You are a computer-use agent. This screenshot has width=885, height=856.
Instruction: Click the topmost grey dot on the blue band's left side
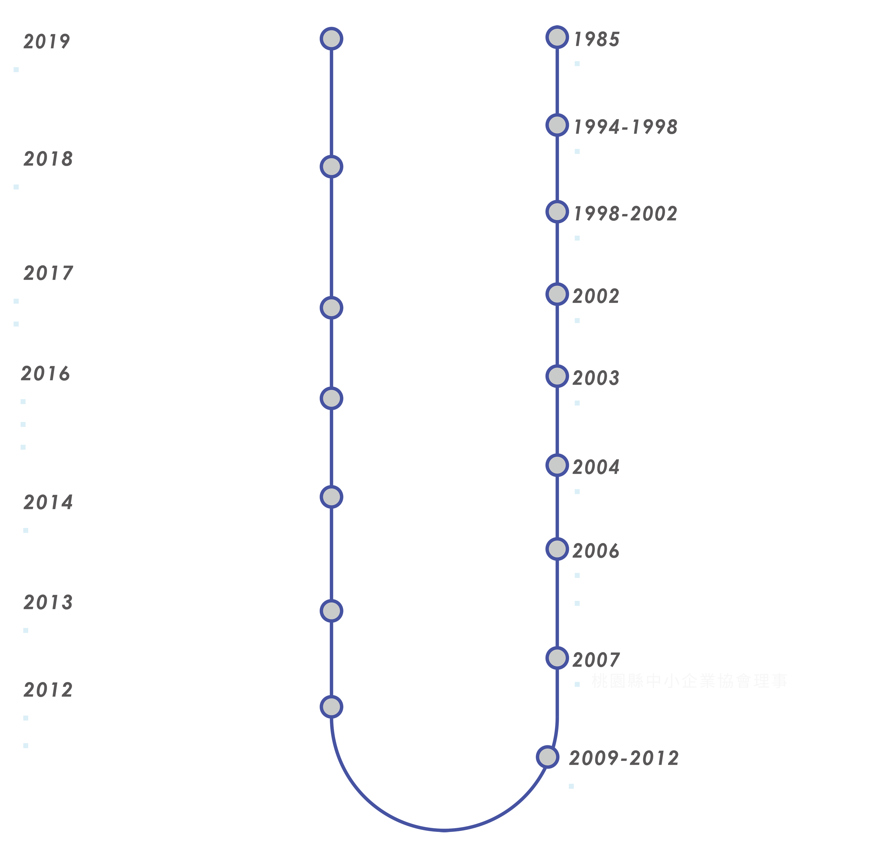(x=331, y=39)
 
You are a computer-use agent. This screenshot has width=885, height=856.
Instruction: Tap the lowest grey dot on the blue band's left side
(x=331, y=707)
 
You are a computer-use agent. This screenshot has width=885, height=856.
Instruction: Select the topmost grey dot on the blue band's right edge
(x=557, y=37)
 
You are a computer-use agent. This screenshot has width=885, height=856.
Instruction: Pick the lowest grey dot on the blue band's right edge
(x=548, y=757)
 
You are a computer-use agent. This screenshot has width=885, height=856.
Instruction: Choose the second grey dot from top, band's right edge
(x=557, y=125)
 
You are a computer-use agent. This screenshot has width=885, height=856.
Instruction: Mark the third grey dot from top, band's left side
(x=331, y=308)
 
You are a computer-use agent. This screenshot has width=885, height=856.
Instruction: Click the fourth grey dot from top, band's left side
(x=331, y=399)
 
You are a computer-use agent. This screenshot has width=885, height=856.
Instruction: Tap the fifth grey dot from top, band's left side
(x=331, y=497)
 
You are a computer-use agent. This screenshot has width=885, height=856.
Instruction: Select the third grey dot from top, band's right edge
(x=557, y=212)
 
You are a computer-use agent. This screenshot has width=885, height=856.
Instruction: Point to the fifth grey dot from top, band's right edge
(x=557, y=376)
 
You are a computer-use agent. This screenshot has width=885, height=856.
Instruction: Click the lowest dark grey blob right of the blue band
(x=632, y=752)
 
